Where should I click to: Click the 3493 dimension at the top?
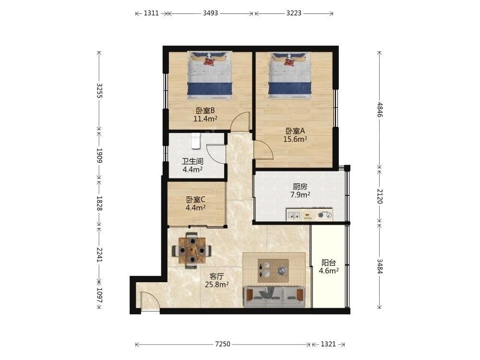click(x=210, y=13)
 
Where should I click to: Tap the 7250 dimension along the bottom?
click(x=223, y=344)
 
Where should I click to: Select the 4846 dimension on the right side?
click(x=380, y=109)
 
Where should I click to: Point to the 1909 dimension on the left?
click(x=99, y=156)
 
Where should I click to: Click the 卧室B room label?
click(x=205, y=110)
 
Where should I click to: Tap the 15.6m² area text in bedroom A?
click(x=295, y=139)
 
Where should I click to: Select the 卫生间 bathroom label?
click(x=192, y=161)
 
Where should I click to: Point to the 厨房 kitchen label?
click(x=300, y=186)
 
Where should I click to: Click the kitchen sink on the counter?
click(x=294, y=215)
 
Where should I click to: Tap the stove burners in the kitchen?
click(x=325, y=215)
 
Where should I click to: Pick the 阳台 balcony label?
click(x=329, y=263)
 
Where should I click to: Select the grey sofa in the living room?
click(x=274, y=297)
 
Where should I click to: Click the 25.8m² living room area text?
click(x=217, y=285)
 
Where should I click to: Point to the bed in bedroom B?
click(x=210, y=75)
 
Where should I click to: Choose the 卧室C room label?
click(x=196, y=200)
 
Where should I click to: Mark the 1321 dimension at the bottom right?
click(x=328, y=344)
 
